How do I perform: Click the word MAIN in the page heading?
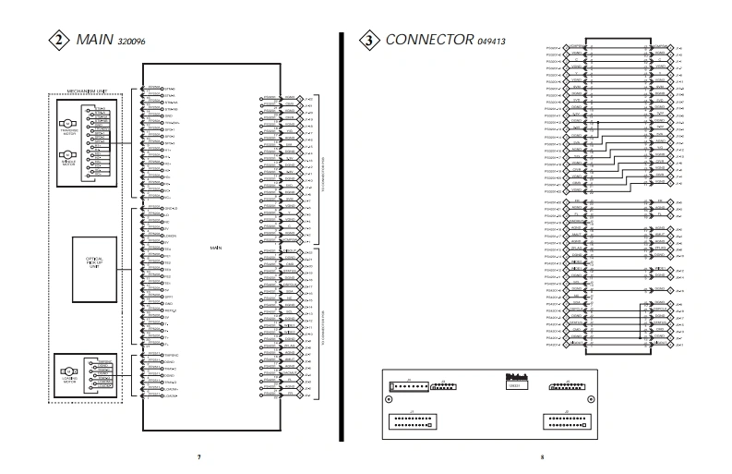95,40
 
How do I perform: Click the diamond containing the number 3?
368,40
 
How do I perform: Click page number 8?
545,456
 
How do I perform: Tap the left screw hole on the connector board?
389,400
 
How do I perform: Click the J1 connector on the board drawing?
412,421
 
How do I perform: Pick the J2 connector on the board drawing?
566,421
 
